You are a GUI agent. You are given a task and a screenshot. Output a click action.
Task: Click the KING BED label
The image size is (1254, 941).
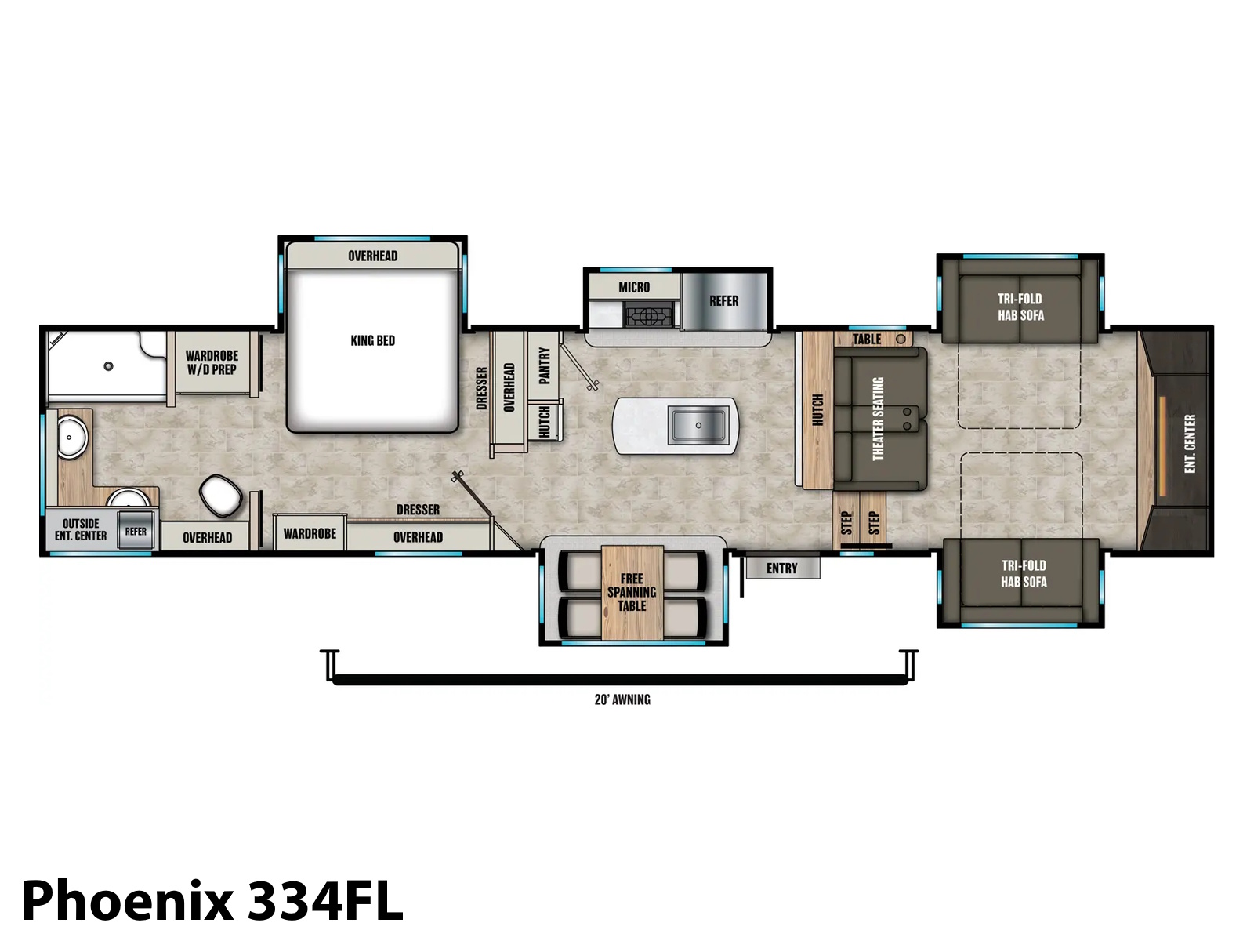click(x=372, y=340)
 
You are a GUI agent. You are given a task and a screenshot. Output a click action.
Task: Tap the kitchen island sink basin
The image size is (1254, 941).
click(x=698, y=425)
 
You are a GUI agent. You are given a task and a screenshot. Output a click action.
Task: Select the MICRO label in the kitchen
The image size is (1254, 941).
click(x=634, y=287)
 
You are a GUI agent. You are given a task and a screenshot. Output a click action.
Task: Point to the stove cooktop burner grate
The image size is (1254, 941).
click(x=648, y=315)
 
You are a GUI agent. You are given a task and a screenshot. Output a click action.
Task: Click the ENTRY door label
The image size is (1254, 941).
click(x=781, y=569)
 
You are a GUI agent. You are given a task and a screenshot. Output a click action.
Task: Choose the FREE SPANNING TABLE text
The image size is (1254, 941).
click(x=632, y=592)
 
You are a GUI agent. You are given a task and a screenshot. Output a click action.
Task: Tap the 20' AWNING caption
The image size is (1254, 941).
click(x=622, y=699)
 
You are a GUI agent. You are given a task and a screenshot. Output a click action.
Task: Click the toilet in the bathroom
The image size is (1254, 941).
click(x=221, y=495)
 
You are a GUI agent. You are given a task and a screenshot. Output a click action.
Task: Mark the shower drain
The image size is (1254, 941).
click(x=108, y=366)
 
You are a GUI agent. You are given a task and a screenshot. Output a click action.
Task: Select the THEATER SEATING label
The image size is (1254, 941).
click(x=878, y=418)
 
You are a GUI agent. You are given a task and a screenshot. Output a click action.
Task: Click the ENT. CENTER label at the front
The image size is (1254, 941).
click(x=1190, y=443)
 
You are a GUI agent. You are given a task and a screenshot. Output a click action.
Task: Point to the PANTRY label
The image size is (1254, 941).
click(x=544, y=365)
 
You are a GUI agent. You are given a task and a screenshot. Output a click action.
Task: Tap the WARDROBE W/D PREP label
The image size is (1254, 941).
click(x=212, y=362)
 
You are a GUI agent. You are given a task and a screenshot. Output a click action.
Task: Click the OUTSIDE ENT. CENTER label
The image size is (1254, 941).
click(x=81, y=529)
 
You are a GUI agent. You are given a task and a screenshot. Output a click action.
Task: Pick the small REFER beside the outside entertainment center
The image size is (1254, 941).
click(x=136, y=532)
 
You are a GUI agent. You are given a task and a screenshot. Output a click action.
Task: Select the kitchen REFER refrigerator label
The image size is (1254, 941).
click(x=724, y=300)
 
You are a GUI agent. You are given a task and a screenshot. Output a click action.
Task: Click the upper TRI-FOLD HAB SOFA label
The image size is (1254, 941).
click(x=1020, y=307)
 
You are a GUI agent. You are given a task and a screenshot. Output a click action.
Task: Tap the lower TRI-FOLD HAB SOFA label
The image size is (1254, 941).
click(x=1024, y=574)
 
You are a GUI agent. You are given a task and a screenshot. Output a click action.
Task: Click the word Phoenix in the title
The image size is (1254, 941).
click(x=128, y=902)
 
